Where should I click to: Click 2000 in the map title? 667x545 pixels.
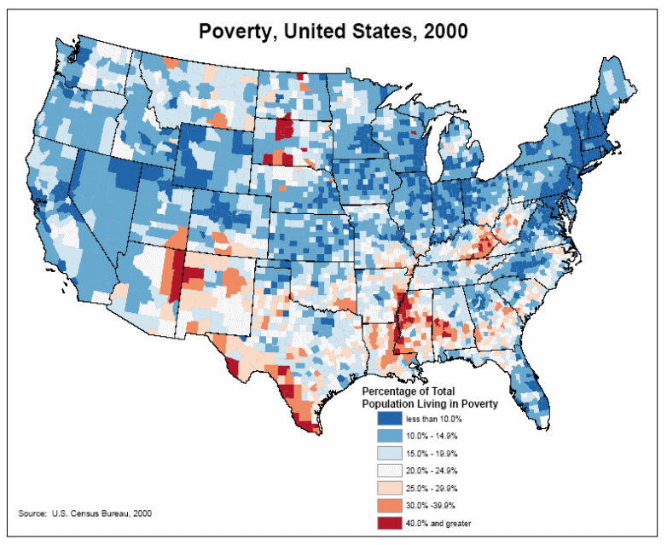[x=438, y=32]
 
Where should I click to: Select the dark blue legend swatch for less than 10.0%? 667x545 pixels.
[x=389, y=419]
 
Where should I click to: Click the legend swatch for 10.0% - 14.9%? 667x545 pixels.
[x=389, y=436]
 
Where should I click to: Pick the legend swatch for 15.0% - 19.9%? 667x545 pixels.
[x=389, y=453]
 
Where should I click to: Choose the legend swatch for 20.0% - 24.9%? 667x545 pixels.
[x=389, y=470]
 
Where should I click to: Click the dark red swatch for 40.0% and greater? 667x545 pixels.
[x=389, y=522]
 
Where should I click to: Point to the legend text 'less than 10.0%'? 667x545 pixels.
[x=434, y=419]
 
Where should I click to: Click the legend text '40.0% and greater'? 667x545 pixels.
[x=438, y=522]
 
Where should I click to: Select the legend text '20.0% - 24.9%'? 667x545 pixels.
[x=432, y=470]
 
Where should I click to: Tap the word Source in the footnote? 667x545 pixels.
[x=32, y=513]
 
